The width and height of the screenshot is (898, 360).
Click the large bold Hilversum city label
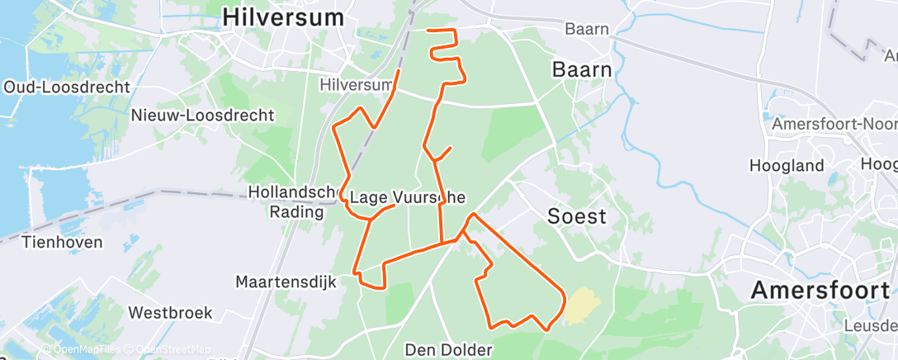click(x=283, y=16)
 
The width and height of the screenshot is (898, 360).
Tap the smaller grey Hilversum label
click(x=356, y=85)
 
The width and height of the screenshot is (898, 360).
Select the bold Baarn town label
click(x=582, y=69)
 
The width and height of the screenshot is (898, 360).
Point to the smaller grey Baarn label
click(x=587, y=29)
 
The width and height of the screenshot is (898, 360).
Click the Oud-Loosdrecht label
click(x=67, y=87)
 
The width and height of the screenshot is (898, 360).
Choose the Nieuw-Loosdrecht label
click(x=202, y=116)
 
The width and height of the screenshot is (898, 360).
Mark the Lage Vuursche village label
click(x=407, y=197)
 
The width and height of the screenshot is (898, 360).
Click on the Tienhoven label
click(x=62, y=242)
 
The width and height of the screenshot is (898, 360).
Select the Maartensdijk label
click(x=286, y=282)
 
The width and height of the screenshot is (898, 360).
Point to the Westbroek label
click(x=171, y=313)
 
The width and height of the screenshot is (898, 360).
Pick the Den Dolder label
click(x=449, y=348)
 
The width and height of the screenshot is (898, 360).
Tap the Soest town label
click(x=577, y=217)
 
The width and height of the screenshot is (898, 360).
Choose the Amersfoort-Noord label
click(x=834, y=124)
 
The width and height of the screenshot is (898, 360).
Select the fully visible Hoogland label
click(x=787, y=165)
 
